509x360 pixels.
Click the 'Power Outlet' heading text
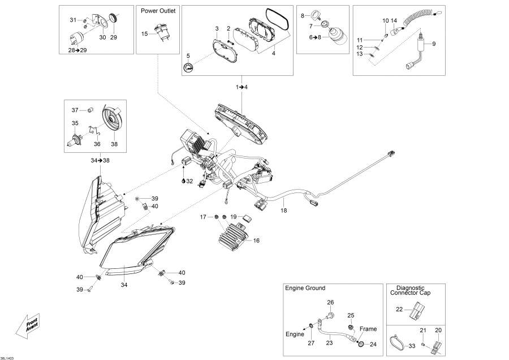pyautogui.click(x=158, y=11)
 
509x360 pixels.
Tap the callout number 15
pyautogui.click(x=145, y=34)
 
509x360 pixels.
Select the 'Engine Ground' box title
pyautogui.click(x=305, y=288)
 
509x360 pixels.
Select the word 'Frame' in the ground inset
pyautogui.click(x=368, y=329)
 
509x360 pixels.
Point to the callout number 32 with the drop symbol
pyautogui.click(x=189, y=181)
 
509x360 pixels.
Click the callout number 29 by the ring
pyautogui.click(x=113, y=37)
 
